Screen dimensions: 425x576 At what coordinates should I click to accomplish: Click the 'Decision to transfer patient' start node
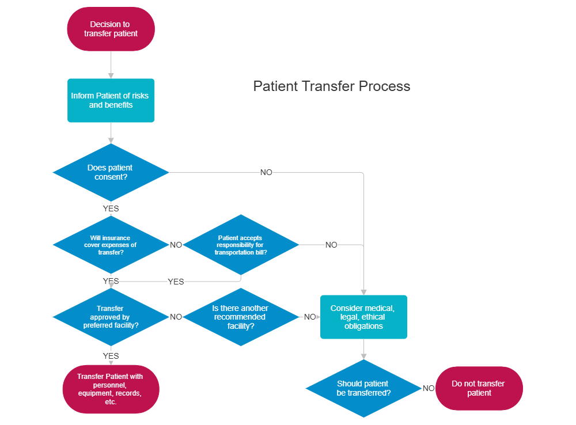[x=111, y=29]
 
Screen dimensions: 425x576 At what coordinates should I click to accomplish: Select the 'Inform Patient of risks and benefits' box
[x=111, y=100]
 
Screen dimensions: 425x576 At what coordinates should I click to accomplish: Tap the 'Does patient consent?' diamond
[x=111, y=172]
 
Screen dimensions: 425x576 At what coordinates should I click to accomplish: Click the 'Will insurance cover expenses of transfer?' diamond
[x=111, y=245]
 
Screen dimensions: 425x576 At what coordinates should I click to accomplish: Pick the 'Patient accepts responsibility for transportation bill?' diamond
[x=240, y=245]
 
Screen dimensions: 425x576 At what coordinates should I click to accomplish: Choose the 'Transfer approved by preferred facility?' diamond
[x=111, y=317]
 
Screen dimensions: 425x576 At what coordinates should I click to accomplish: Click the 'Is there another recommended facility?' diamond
[x=240, y=317]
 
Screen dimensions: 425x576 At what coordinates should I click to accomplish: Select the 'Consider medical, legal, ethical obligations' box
[x=363, y=317]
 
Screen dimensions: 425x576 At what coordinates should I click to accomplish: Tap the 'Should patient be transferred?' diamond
[x=363, y=388]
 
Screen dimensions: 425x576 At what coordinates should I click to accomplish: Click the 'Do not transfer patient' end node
[x=479, y=388]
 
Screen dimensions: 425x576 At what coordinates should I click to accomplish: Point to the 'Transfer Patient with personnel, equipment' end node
[x=111, y=389]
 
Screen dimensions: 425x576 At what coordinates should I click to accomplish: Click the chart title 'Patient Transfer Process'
[x=332, y=86]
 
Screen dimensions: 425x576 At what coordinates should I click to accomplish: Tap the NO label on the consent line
[x=266, y=172]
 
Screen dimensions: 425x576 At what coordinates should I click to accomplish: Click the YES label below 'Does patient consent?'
[x=111, y=208]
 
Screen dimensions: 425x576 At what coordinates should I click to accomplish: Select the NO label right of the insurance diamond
[x=176, y=245]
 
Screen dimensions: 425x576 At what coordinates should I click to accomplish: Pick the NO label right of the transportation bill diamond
[x=331, y=245]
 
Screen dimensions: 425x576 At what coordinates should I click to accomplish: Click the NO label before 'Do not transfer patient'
[x=429, y=388]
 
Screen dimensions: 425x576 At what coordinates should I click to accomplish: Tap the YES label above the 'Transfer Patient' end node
[x=111, y=355]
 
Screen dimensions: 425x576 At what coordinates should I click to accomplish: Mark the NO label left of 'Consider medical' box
[x=310, y=317]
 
